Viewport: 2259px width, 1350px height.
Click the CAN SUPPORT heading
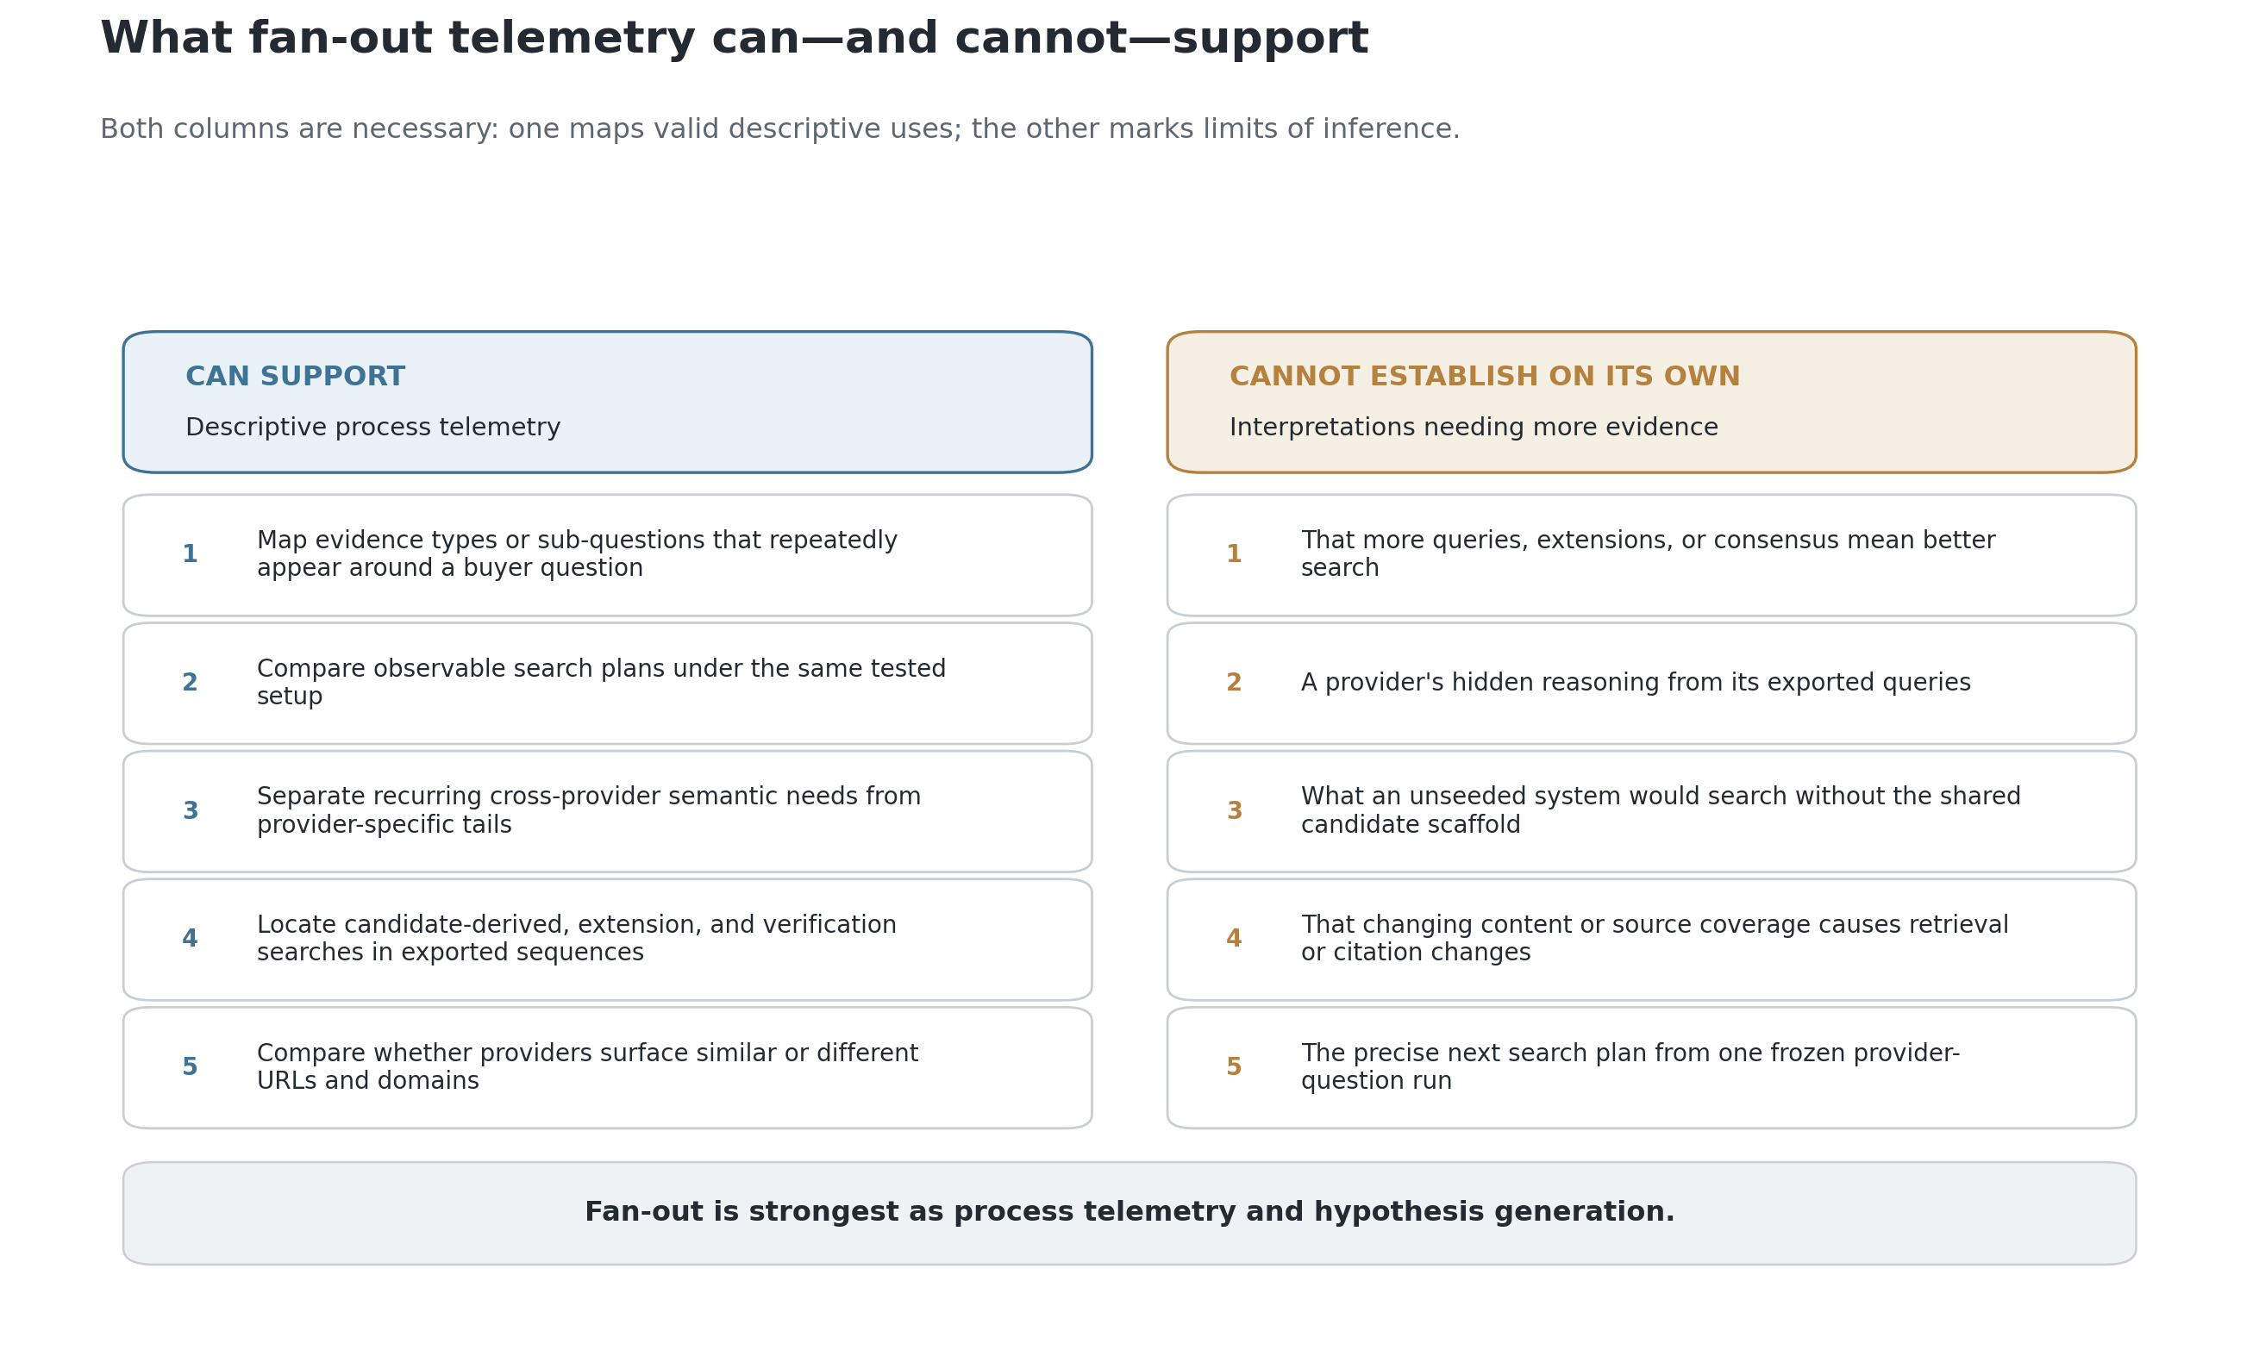tap(295, 377)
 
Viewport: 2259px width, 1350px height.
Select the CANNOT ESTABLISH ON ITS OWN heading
tap(1484, 377)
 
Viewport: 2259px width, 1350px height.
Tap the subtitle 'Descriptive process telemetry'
tap(373, 428)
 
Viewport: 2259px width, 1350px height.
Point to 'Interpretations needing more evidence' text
tap(1474, 428)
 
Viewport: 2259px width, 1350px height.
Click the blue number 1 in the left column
tap(191, 554)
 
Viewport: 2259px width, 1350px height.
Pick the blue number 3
tap(191, 810)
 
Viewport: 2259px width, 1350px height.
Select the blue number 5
tap(191, 1067)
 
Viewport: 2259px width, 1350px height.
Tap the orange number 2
tap(1234, 682)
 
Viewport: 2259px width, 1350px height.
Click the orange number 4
tap(1234, 939)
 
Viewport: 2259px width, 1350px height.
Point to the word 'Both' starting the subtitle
tap(132, 129)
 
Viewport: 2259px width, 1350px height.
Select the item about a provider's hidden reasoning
tap(1636, 682)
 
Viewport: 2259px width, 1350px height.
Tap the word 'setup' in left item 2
tap(290, 697)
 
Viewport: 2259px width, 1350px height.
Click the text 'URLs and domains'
tap(367, 1081)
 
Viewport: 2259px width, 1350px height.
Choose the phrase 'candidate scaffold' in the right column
tap(1411, 825)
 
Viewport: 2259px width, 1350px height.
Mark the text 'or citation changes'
tap(1416, 953)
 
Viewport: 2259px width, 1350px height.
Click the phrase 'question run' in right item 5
tap(1376, 1081)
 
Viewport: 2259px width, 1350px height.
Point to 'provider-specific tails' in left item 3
tap(384, 825)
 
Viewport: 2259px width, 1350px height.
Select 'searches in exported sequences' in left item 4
tap(450, 953)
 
